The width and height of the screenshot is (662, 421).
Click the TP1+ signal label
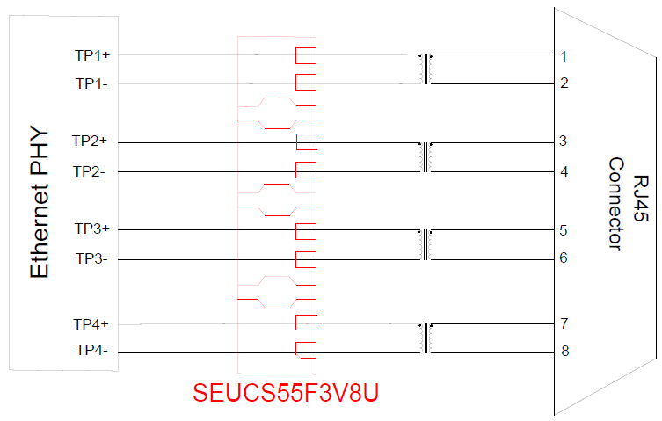(92, 54)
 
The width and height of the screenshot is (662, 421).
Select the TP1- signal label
(91, 83)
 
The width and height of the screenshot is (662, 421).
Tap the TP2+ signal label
(90, 141)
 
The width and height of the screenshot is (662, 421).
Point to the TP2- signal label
(89, 171)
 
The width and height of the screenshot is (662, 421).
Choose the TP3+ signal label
(92, 229)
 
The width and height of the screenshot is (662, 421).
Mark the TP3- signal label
(91, 258)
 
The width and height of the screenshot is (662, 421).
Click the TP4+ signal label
(91, 324)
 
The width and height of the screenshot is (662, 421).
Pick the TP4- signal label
(91, 351)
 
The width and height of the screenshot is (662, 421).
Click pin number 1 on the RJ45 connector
(564, 56)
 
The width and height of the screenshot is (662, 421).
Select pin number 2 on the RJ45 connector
(564, 83)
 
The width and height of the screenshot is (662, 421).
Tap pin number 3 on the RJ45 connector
(563, 141)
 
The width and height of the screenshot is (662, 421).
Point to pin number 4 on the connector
(564, 171)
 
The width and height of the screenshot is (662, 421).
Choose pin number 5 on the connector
(563, 230)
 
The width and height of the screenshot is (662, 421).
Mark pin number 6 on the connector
(563, 258)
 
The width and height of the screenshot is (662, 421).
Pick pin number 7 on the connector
(564, 323)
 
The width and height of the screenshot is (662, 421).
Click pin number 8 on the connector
(564, 351)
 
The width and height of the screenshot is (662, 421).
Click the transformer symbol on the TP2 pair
(426, 156)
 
